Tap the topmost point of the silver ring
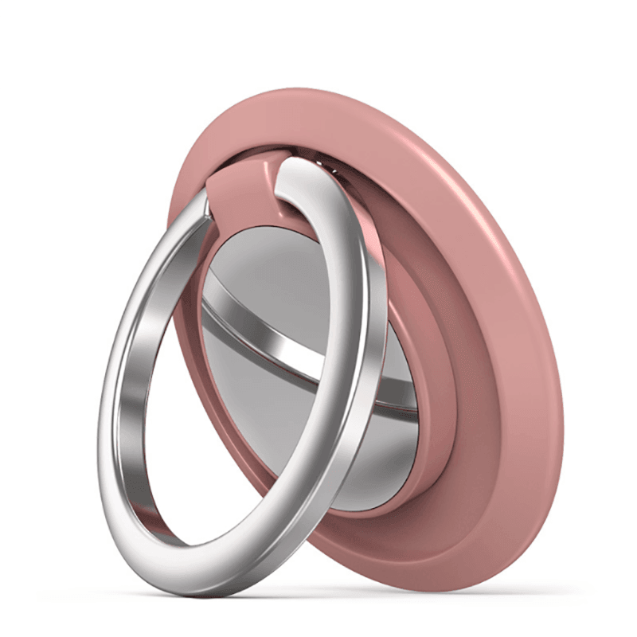307,158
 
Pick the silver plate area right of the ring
398,414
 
